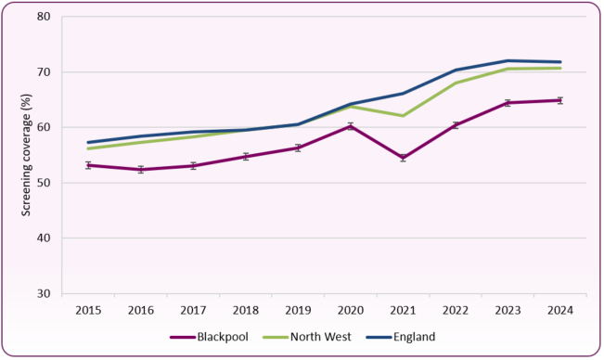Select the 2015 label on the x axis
point(88,310)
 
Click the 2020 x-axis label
point(351,310)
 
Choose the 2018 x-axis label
point(246,310)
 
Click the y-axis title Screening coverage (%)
point(21,155)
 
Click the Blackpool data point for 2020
point(351,126)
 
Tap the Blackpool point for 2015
point(88,165)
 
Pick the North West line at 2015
point(88,148)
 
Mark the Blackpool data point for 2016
point(141,170)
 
